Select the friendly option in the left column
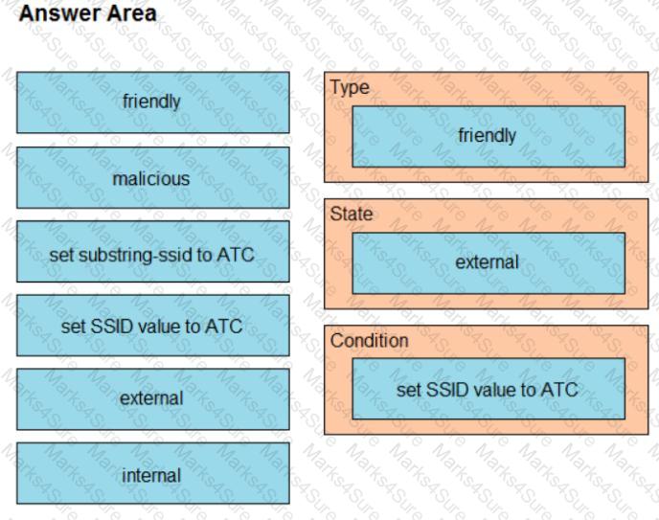click(151, 102)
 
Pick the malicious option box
click(151, 178)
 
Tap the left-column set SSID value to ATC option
click(151, 327)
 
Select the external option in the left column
click(151, 398)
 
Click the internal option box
click(151, 475)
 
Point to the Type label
click(350, 87)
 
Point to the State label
click(352, 215)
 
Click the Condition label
click(370, 341)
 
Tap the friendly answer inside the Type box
click(488, 136)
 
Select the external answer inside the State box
click(488, 262)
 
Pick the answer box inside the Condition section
click(488, 389)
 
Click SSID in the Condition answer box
click(443, 389)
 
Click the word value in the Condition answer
click(495, 389)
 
